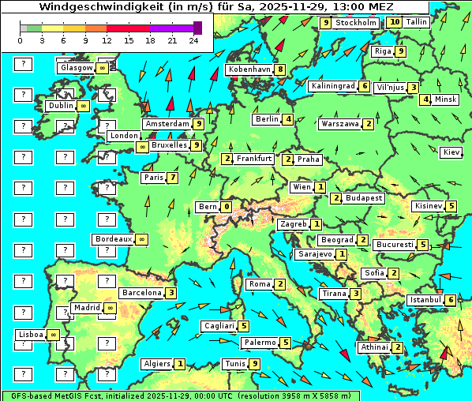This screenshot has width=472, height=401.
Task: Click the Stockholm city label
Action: pos(356,23)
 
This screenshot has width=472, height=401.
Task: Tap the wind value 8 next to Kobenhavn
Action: pos(280,69)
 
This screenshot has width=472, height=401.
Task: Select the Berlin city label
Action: pos(267,119)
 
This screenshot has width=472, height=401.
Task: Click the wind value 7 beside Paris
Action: pos(172,178)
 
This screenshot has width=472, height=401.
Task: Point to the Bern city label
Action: pos(207,207)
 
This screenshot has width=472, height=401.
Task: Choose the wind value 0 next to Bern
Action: pos(227,207)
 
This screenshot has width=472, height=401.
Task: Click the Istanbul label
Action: pos(425,300)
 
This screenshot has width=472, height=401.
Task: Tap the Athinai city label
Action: pos(374,347)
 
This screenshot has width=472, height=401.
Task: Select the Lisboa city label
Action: pos(30,335)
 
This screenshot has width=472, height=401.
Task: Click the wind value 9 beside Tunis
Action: pos(254,364)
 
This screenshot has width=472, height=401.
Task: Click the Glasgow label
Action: pos(76,68)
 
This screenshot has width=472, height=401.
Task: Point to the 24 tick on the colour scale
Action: pos(193,40)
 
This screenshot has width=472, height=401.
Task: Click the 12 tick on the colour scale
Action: pos(107,40)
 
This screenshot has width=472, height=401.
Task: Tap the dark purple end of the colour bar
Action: pos(197,28)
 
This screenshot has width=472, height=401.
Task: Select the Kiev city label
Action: pos(451,152)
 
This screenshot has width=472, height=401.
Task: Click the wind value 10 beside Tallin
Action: pos(395,23)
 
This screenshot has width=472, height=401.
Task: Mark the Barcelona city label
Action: pos(141,292)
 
